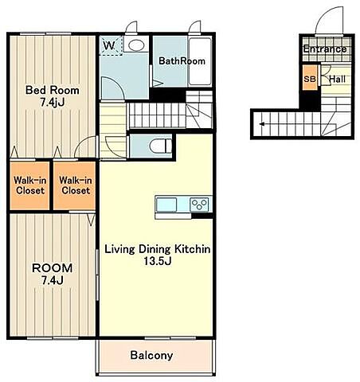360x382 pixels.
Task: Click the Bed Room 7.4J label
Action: (53, 95)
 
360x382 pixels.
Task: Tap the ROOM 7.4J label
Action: (53, 274)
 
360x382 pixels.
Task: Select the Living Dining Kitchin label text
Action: (157, 249)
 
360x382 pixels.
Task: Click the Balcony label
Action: (151, 355)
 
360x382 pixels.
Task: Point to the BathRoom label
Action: (182, 61)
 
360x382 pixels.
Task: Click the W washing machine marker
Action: (109, 45)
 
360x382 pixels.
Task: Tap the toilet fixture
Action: (160, 146)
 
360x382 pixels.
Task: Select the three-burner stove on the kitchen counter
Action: (200, 205)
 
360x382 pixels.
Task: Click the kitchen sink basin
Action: (166, 205)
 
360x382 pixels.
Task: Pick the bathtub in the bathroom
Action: (200, 61)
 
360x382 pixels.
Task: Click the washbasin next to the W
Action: (136, 45)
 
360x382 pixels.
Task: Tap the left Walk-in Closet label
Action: (29, 185)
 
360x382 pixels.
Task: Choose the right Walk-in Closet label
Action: (76, 185)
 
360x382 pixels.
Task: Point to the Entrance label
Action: (325, 49)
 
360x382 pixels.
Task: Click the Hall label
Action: (338, 79)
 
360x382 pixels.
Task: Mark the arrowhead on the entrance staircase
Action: (262, 124)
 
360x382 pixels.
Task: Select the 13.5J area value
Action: (158, 261)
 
